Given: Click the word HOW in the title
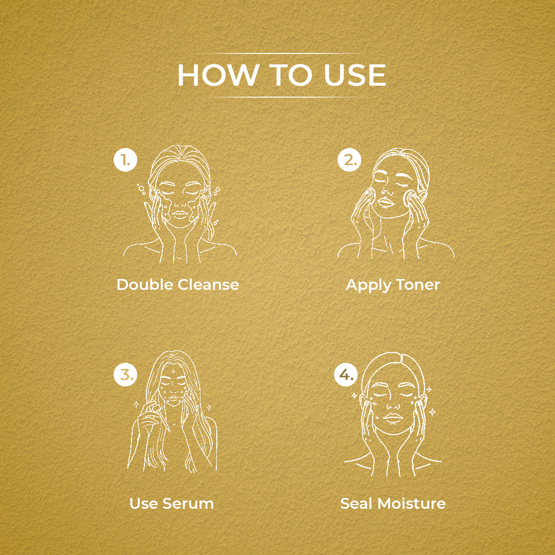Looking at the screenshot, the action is [218, 75].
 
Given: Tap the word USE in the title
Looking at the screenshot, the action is [355, 75].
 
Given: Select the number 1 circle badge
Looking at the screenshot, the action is [125, 160].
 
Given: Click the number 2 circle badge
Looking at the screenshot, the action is [349, 160].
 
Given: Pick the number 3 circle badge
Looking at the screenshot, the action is [125, 375].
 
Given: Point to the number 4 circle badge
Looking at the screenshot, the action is [346, 375].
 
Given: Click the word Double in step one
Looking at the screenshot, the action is [145, 285].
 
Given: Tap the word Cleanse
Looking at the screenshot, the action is [208, 285].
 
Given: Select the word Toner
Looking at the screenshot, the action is [418, 285].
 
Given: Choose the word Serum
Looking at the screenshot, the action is [188, 503].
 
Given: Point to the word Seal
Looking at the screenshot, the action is [357, 503].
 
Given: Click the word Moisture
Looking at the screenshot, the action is [411, 503].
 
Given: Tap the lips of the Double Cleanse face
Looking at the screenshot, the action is [180, 214].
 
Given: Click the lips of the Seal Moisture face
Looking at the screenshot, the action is [393, 418].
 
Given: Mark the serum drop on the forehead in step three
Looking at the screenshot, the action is [173, 372].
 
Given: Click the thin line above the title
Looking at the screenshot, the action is [277, 53].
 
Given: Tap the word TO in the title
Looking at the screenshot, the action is [290, 75].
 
